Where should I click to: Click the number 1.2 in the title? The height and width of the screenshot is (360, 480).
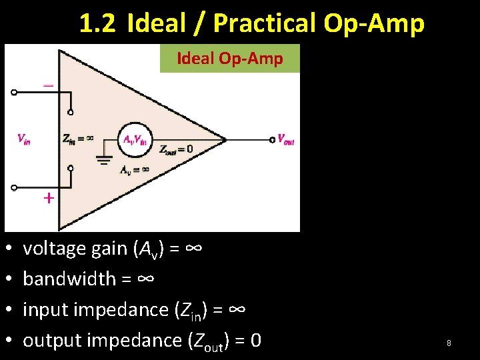click(97, 24)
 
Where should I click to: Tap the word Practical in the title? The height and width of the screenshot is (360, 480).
click(265, 24)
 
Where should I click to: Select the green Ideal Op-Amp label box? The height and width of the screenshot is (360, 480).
click(230, 59)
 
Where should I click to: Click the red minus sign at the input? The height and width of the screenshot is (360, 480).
click(49, 85)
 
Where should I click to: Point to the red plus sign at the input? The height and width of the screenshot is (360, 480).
click(49, 198)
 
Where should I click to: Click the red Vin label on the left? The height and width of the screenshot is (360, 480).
click(23, 139)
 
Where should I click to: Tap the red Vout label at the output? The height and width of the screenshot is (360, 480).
click(286, 140)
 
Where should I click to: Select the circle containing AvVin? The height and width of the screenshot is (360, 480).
click(135, 139)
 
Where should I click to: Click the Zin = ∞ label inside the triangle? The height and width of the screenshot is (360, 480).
click(77, 139)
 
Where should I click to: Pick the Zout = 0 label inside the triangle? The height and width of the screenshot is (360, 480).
click(176, 149)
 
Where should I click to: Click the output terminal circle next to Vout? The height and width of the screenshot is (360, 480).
click(272, 139)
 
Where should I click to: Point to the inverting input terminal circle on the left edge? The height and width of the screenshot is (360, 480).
click(14, 93)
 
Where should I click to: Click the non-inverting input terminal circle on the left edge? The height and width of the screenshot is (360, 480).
click(14, 187)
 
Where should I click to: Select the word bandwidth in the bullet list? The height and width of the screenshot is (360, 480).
click(69, 279)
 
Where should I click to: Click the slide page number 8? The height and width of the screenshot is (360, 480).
click(449, 343)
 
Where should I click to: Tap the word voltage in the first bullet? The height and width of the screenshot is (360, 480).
click(53, 248)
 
